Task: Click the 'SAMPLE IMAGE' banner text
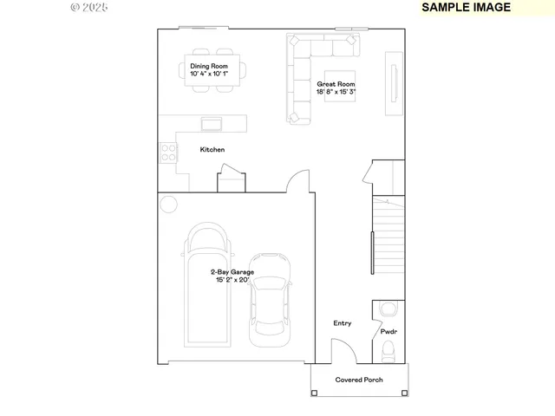pyautogui.click(x=466, y=7)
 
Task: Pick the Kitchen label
pyautogui.click(x=212, y=150)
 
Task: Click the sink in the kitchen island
pyautogui.click(x=212, y=123)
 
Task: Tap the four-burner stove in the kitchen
pyautogui.click(x=168, y=153)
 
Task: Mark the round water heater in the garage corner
pyautogui.click(x=168, y=205)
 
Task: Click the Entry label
pyautogui.click(x=343, y=323)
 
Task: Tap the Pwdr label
pyautogui.click(x=388, y=332)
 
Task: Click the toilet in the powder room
pyautogui.click(x=388, y=351)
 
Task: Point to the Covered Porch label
pyautogui.click(x=359, y=380)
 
